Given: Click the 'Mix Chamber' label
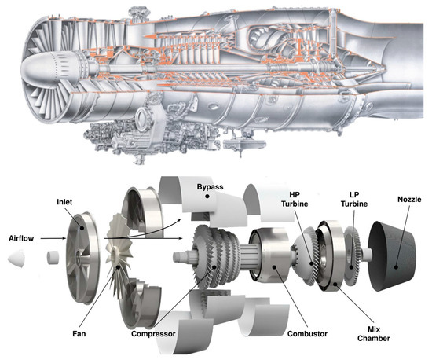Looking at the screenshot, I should (366, 332).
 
